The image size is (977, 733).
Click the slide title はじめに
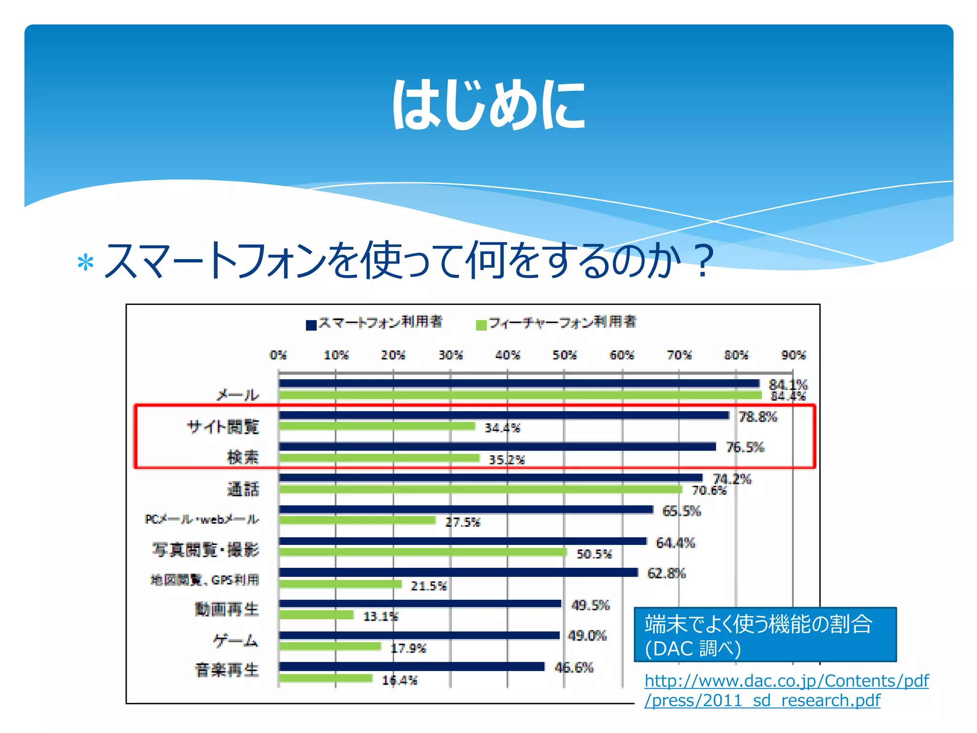click(488, 105)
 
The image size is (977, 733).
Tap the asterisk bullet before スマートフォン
click(85, 263)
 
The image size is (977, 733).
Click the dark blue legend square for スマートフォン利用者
click(311, 325)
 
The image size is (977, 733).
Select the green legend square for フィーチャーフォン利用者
click(481, 325)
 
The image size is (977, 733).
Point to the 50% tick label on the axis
click(564, 355)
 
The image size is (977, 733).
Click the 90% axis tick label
click(793, 355)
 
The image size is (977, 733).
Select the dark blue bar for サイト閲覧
click(504, 415)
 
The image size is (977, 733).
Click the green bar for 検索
click(379, 458)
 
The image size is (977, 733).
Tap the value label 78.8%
click(758, 417)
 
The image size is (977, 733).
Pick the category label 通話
click(243, 489)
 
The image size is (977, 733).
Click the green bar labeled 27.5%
click(357, 520)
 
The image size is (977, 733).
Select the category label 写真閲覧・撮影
click(206, 550)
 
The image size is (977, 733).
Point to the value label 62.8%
click(666, 573)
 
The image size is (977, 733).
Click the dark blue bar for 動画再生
click(420, 604)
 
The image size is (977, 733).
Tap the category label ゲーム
click(236, 640)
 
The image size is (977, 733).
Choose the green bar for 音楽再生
click(326, 678)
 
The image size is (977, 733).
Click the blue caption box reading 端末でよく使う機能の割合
click(765, 635)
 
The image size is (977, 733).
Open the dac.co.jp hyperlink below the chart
click(786, 690)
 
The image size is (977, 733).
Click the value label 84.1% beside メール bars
click(788, 384)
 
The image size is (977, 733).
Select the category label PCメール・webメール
click(202, 519)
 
